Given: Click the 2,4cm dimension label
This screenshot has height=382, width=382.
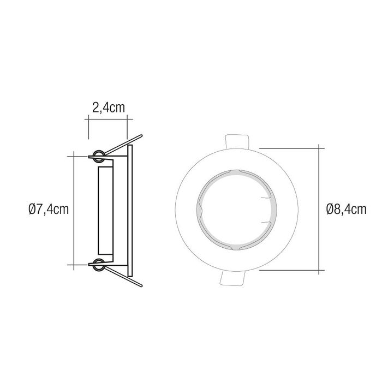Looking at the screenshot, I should (108, 107).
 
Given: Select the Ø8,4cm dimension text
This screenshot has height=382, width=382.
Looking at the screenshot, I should (345, 209).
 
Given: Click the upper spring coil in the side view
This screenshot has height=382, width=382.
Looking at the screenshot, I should (99, 156).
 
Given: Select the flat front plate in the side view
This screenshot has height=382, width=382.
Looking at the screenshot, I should (130, 210).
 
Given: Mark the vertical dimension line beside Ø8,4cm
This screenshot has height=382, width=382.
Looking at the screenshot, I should (319, 180).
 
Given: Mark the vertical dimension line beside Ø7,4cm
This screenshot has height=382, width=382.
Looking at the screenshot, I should (74, 180).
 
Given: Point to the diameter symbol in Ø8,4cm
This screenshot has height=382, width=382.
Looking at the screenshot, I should (329, 209).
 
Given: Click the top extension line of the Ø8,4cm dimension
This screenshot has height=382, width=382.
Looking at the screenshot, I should (289, 146).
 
